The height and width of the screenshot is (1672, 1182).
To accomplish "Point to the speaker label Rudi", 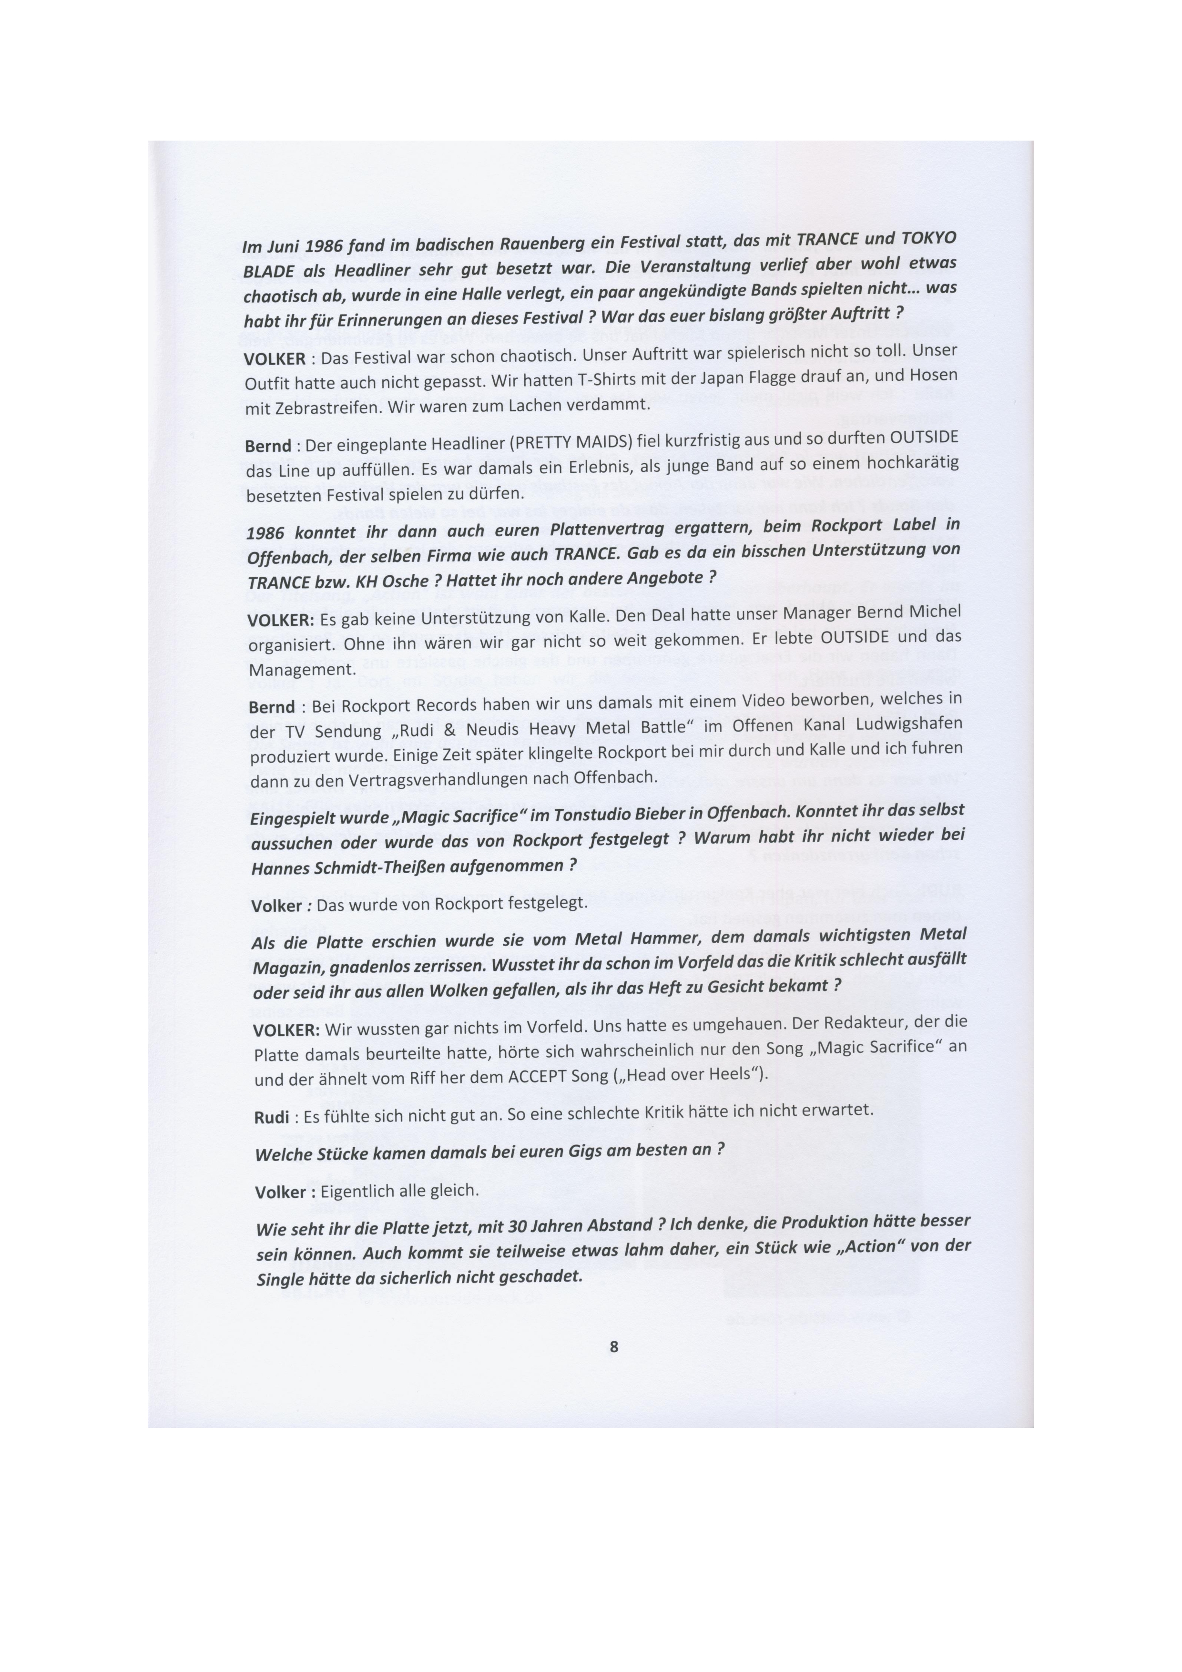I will [x=271, y=1117].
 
